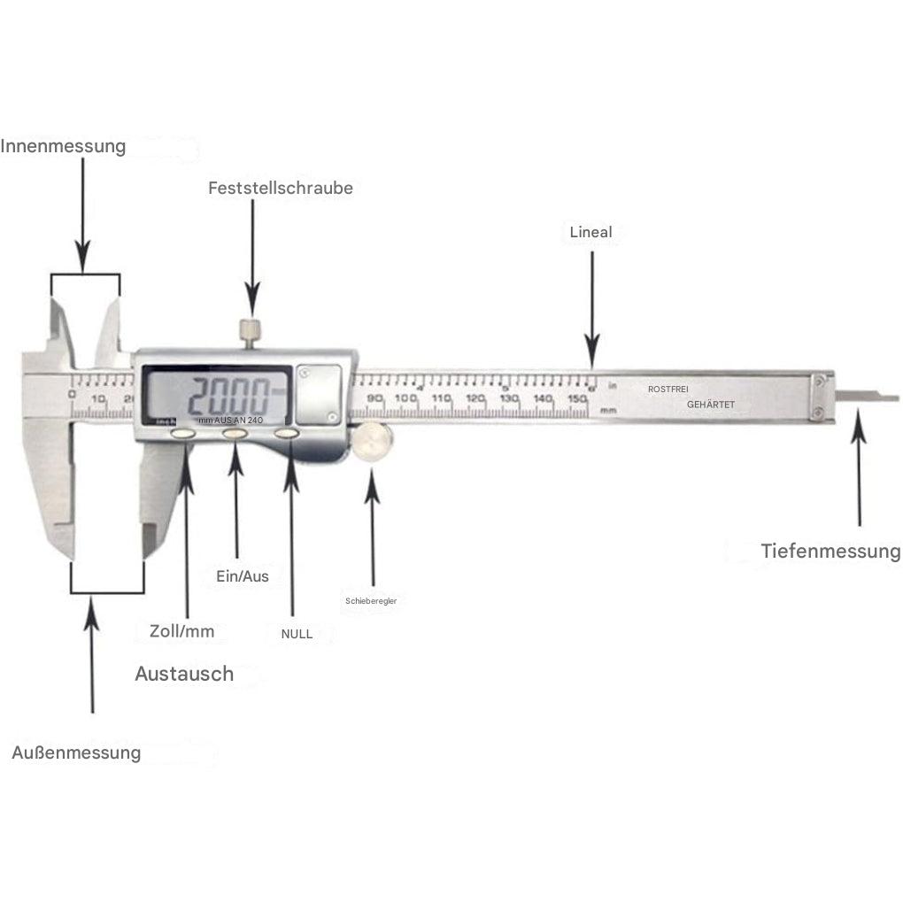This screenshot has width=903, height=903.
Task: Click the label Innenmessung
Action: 63,146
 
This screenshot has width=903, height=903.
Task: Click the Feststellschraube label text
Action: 281,188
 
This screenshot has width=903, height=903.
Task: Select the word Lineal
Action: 591,232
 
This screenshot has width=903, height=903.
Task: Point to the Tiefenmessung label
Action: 830,552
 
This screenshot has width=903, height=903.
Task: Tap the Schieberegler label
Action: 371,601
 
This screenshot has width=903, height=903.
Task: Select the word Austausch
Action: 184,674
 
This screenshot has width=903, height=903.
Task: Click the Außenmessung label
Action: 76,752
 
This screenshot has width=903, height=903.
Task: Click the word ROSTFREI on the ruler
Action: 668,389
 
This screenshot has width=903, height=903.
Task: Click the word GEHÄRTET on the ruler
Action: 711,405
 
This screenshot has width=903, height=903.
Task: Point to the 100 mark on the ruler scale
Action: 406,398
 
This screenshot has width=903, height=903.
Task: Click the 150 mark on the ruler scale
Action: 577,399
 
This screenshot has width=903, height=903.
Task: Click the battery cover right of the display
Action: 320,395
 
